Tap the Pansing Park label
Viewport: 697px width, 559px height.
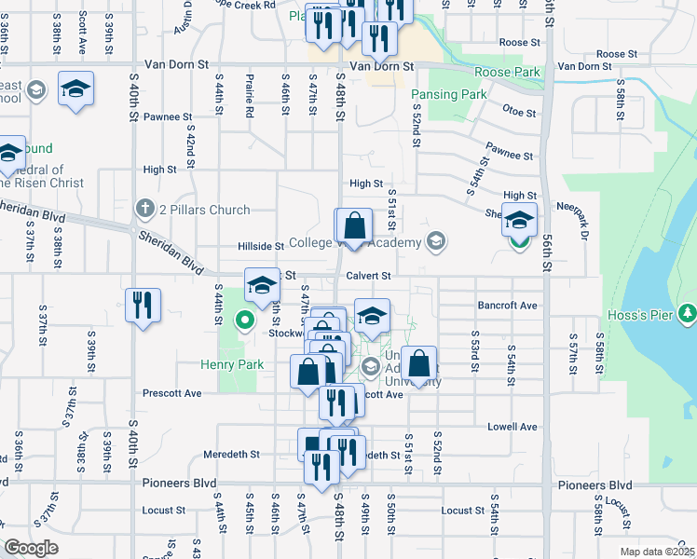[x=448, y=94]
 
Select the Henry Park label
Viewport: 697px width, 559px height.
[x=231, y=365]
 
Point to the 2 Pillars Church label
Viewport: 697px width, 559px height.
[x=204, y=210]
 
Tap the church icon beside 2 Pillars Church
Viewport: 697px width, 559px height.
[x=144, y=208]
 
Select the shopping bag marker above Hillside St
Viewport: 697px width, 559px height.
[x=354, y=225]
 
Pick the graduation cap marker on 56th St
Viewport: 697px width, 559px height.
[x=520, y=221]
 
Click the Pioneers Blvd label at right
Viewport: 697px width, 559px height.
[x=596, y=485]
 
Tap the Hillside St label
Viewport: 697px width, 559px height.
[x=260, y=246]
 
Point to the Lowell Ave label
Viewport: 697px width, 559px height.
[x=512, y=427]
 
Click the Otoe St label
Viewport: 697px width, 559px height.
[x=520, y=113]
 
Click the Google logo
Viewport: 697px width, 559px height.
[x=31, y=548]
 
